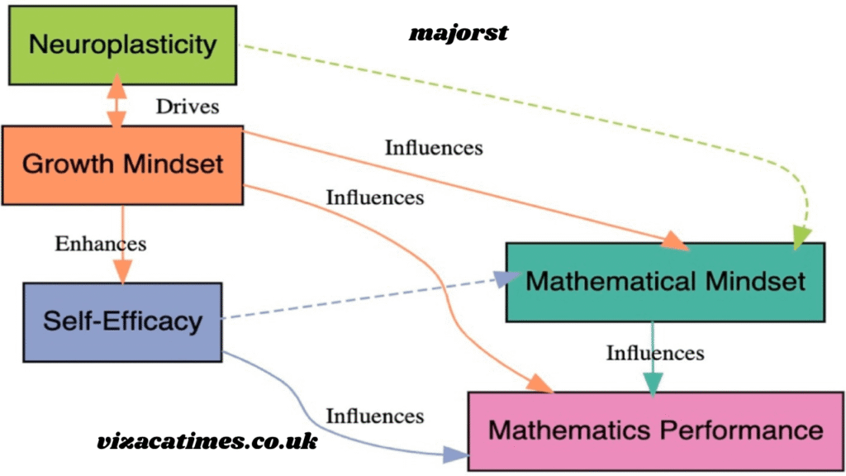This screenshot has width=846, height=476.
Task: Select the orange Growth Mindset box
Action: (x=122, y=164)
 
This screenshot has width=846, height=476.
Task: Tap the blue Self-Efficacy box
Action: (x=122, y=321)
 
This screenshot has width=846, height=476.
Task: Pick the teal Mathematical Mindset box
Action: (x=665, y=281)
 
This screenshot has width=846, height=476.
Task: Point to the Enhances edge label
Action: (x=100, y=244)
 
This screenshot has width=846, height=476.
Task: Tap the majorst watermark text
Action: (x=459, y=33)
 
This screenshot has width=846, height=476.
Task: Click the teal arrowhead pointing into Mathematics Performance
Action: (x=654, y=382)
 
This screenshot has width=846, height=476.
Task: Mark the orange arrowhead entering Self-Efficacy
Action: (x=122, y=272)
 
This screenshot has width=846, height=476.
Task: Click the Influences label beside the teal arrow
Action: (x=655, y=353)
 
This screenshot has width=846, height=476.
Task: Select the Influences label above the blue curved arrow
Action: (x=374, y=416)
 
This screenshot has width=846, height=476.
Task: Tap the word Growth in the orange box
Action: (x=67, y=164)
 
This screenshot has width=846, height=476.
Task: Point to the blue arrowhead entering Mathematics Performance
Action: (x=454, y=454)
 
